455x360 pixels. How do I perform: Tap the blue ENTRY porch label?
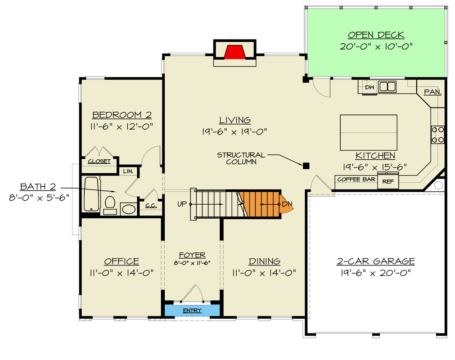tap(192, 310)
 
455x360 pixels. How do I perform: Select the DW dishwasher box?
tap(369, 87)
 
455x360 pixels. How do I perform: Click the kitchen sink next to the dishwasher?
tap(387, 86)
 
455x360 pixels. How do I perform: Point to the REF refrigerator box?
tap(387, 181)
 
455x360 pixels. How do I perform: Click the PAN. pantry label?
tap(432, 92)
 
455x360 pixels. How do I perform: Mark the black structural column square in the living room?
tap(306, 166)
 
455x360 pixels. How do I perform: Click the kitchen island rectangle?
tap(369, 133)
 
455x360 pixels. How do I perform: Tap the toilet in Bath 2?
tap(109, 203)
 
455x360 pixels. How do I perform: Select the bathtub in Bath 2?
tap(91, 194)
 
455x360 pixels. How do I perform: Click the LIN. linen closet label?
tap(128, 171)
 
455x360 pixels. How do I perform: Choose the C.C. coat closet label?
tap(150, 206)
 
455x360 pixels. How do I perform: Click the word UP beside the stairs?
tap(182, 204)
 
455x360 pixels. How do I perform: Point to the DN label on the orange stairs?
tap(287, 204)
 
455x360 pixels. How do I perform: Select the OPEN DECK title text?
tap(376, 35)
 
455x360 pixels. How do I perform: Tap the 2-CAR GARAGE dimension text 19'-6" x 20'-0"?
tap(376, 273)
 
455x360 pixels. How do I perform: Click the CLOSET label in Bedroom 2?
tap(99, 161)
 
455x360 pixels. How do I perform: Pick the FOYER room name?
tap(192, 255)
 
